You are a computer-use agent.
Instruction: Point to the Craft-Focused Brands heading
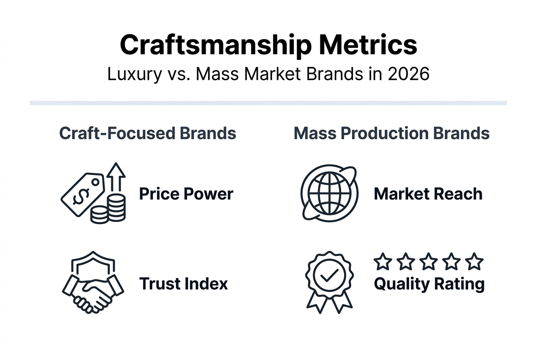click(147, 133)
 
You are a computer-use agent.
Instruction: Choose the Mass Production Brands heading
click(391, 133)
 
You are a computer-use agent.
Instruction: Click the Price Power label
click(186, 194)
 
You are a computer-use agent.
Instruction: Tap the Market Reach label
click(428, 194)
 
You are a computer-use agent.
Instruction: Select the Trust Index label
click(184, 283)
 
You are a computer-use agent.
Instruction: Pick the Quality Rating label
click(429, 284)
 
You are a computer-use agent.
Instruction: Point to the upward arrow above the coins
click(116, 176)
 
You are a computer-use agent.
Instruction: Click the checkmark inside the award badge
click(328, 277)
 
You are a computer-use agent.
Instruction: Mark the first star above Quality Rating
click(383, 262)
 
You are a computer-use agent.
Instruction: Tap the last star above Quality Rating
click(474, 262)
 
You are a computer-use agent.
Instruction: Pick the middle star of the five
click(428, 262)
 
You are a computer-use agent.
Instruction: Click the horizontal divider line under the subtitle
click(268, 103)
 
